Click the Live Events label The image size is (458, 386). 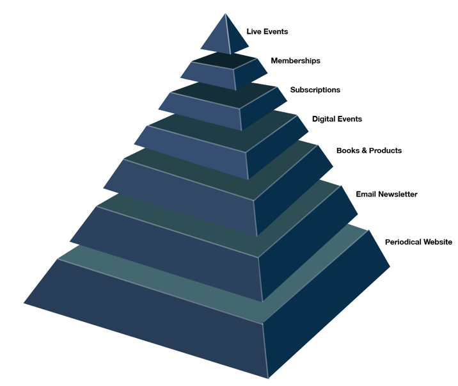pyautogui.click(x=267, y=31)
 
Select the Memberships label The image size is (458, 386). pyautogui.click(x=296, y=61)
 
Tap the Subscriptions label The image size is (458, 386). pyautogui.click(x=315, y=90)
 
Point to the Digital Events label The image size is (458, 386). pyautogui.click(x=336, y=119)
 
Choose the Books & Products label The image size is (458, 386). pyautogui.click(x=369, y=150)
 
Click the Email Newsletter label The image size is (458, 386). pyautogui.click(x=386, y=194)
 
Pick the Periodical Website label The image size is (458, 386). pyautogui.click(x=418, y=242)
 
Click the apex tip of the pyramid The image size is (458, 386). pyautogui.click(x=225, y=13)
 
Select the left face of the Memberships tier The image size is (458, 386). pyautogui.click(x=209, y=75)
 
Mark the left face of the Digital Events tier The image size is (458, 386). pyautogui.click(x=193, y=150)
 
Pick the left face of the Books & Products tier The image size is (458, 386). pyautogui.click(x=181, y=196)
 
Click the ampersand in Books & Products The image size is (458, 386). pyautogui.click(x=364, y=150)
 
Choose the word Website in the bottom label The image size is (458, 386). pyautogui.click(x=438, y=242)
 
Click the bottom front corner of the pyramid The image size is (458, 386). pyautogui.click(x=269, y=378)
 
